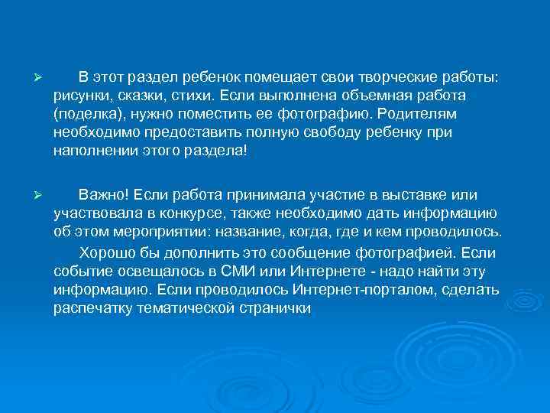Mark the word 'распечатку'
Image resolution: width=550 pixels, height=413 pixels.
click(92, 307)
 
